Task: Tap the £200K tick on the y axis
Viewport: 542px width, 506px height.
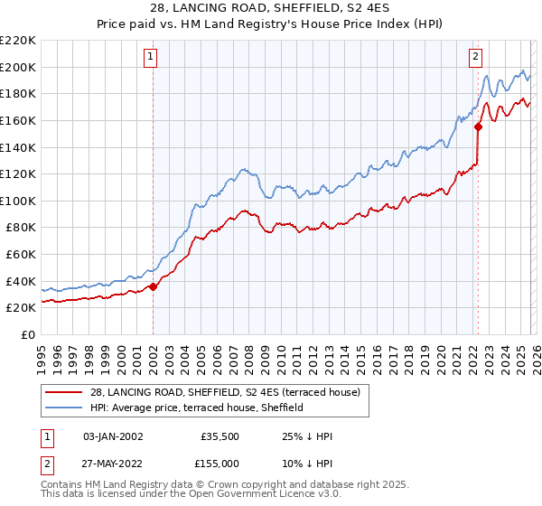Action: (18, 67)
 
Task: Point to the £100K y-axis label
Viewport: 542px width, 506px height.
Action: (18, 201)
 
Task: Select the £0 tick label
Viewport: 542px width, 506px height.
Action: (26, 334)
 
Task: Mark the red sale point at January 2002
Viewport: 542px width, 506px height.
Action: (154, 287)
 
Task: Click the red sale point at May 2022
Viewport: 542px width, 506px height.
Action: (478, 127)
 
